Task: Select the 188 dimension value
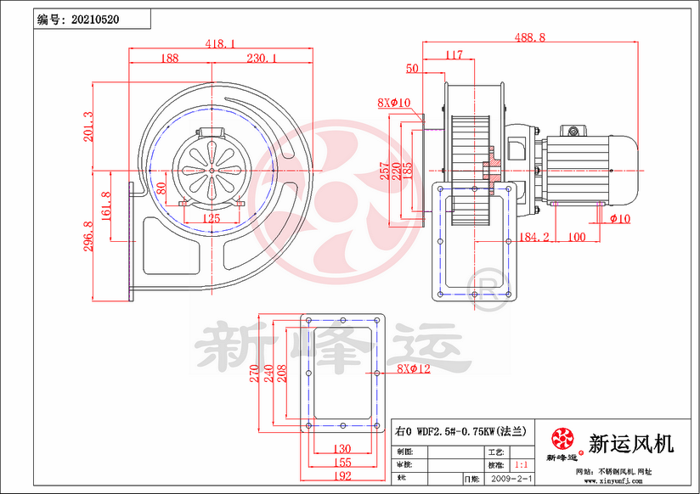(169, 59)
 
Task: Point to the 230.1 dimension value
(262, 59)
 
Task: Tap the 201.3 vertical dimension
(88, 126)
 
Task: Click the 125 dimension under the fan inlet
(212, 218)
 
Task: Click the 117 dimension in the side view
(454, 55)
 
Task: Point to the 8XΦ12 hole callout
(415, 369)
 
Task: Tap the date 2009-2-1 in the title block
(512, 480)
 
